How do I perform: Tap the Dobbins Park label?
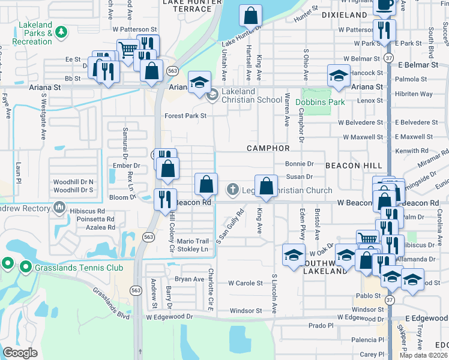pos(320,102)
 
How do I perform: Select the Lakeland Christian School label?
pos(252,95)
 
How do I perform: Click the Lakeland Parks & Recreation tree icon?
pos(61,31)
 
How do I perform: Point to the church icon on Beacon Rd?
pos(233,190)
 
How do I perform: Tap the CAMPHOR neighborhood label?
pos(268,148)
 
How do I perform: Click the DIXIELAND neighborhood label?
pos(344,14)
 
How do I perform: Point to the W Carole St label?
pos(245,283)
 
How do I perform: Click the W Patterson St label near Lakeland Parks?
pos(134,29)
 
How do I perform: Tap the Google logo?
pos(20,353)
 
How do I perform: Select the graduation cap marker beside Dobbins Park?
pos(339,77)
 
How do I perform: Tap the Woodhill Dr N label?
pos(73,182)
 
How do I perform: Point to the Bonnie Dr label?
pos(300,164)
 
